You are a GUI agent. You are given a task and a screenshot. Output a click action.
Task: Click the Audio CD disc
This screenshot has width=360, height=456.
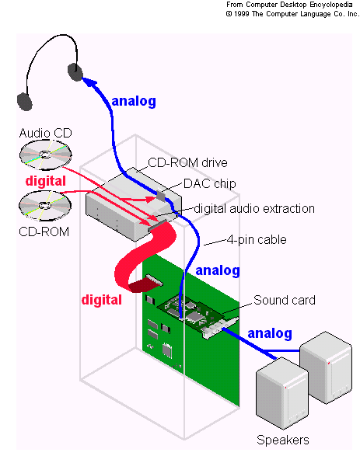[x=45, y=155]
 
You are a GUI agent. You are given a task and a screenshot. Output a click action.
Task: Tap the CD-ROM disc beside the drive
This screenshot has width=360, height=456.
[x=45, y=206]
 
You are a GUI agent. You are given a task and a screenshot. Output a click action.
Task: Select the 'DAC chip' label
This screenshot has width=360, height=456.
[x=209, y=184]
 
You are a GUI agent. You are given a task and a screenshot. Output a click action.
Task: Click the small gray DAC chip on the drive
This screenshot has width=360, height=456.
[x=161, y=194]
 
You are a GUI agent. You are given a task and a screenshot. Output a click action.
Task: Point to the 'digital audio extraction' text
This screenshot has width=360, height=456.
[x=254, y=208]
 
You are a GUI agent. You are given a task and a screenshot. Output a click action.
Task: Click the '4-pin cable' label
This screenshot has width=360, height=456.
[x=257, y=239]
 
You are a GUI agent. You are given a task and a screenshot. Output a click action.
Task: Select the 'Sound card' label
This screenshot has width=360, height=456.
[x=285, y=300]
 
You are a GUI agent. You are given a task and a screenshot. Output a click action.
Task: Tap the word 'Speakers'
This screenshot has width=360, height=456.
[x=282, y=440]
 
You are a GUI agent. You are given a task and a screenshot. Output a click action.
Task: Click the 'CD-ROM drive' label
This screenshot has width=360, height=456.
[x=187, y=162]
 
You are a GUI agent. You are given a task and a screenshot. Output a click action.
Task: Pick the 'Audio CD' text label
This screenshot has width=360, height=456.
[x=45, y=133]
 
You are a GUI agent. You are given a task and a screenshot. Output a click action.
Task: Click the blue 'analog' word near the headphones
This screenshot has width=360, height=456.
[x=134, y=102]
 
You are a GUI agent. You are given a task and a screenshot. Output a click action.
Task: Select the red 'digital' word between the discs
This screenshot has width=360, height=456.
[x=46, y=181]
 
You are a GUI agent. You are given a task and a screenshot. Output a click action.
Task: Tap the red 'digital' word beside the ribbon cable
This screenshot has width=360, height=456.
[x=102, y=300]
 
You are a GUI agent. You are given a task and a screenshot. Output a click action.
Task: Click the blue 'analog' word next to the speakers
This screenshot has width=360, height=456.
[x=270, y=333]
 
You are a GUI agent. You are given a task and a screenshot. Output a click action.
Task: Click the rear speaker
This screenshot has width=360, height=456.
[x=326, y=367]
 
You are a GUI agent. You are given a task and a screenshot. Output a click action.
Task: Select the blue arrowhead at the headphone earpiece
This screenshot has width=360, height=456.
[x=91, y=82]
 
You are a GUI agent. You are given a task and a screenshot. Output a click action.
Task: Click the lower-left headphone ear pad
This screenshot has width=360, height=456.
[x=24, y=102]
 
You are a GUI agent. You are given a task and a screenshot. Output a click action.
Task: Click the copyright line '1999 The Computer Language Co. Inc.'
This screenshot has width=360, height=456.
[x=293, y=14]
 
